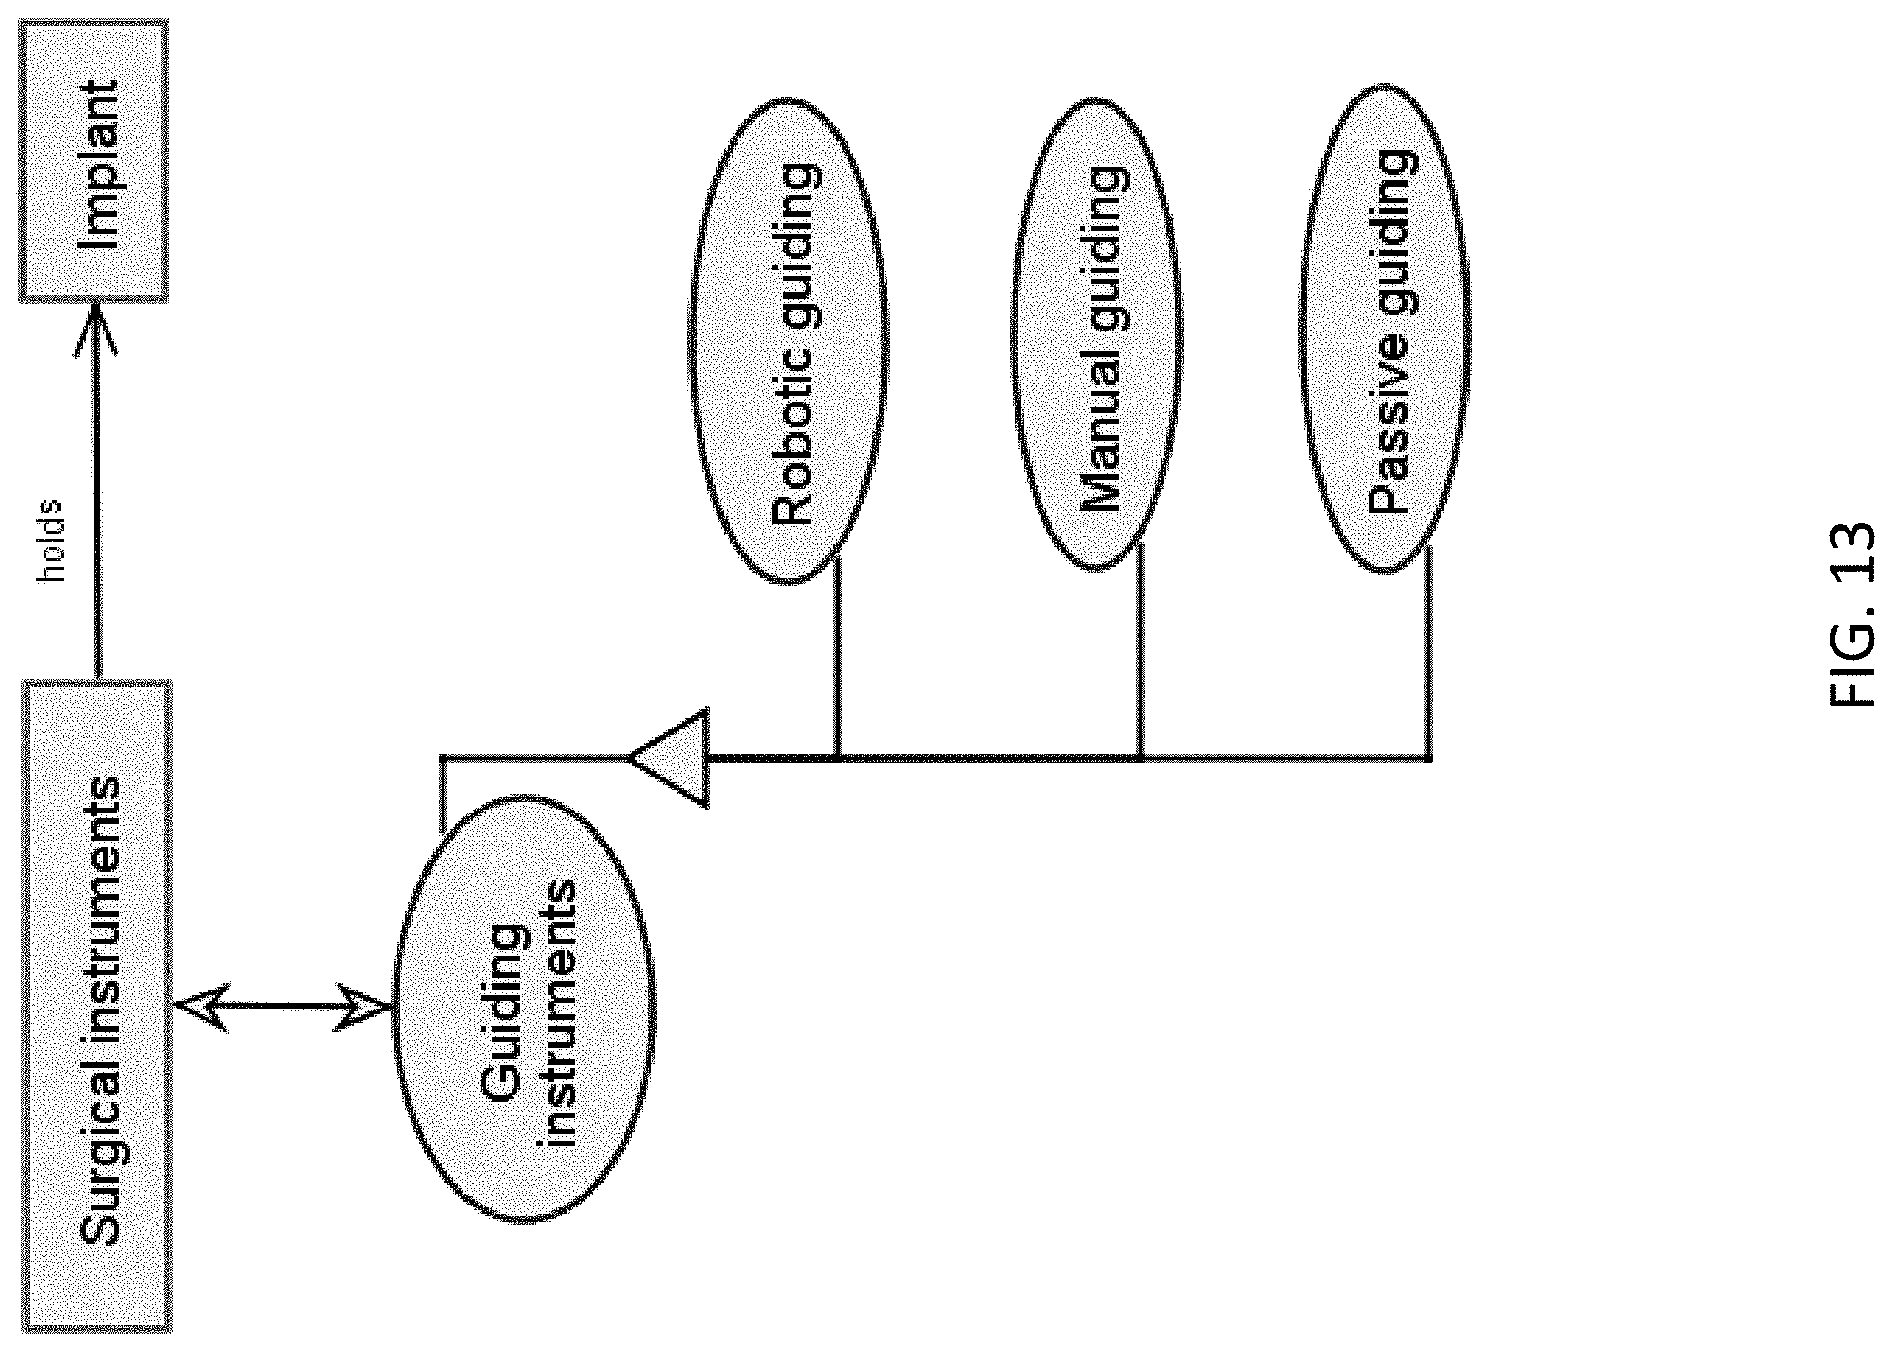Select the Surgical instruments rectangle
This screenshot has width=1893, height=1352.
click(x=97, y=1006)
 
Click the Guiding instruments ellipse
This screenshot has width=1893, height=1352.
click(x=524, y=1008)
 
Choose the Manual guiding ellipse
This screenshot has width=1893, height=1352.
click(x=1096, y=333)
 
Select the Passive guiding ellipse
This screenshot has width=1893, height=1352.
click(x=1385, y=329)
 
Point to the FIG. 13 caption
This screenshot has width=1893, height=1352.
click(x=1851, y=613)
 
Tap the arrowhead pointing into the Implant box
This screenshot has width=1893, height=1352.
click(x=96, y=330)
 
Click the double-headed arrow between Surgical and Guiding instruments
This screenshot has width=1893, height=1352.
click(x=282, y=1007)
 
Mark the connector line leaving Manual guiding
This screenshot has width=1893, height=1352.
click(x=1140, y=648)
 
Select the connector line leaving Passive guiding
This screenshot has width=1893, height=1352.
click(x=1427, y=652)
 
